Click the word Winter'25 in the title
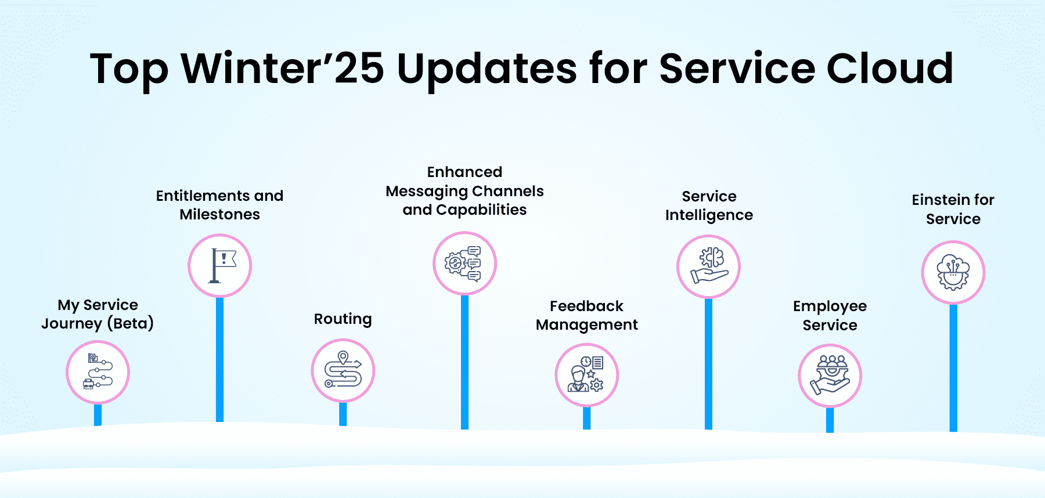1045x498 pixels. coord(283,68)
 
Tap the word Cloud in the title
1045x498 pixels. coord(889,68)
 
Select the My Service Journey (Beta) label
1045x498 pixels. coord(98,314)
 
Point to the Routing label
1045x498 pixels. coord(343,319)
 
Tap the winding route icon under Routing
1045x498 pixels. coord(343,370)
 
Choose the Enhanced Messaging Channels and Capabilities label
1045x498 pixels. coord(465,191)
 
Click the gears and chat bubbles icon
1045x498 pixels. coord(465,264)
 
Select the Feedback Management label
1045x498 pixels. coord(587,315)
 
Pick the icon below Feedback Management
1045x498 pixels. coord(587,375)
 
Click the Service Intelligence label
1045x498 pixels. coord(709,205)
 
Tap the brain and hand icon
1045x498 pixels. coord(708,266)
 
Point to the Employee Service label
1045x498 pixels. coord(830,315)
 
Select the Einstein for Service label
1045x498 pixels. coord(953,210)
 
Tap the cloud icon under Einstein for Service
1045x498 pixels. coord(953,272)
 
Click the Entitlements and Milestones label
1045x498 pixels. coord(220,205)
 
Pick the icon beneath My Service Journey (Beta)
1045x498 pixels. coord(98,372)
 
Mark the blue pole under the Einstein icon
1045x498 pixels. coord(953,368)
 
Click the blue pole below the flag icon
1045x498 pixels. coord(220,360)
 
